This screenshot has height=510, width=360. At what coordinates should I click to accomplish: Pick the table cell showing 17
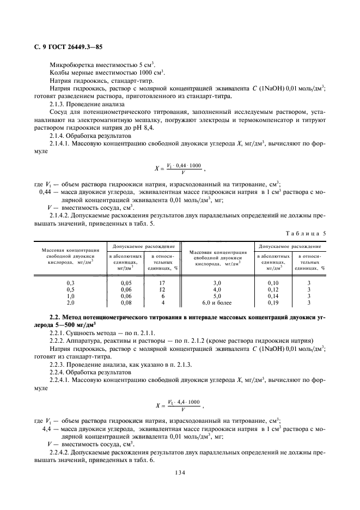(162, 283)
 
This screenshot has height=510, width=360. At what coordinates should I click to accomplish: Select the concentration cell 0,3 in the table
(70, 283)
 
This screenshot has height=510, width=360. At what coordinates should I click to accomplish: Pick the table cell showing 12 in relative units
(162, 289)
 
